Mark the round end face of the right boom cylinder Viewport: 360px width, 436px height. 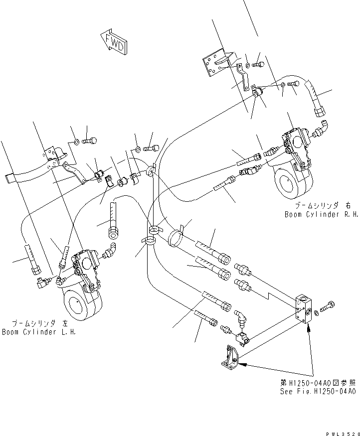286,185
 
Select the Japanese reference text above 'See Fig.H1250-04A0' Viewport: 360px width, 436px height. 317,383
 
